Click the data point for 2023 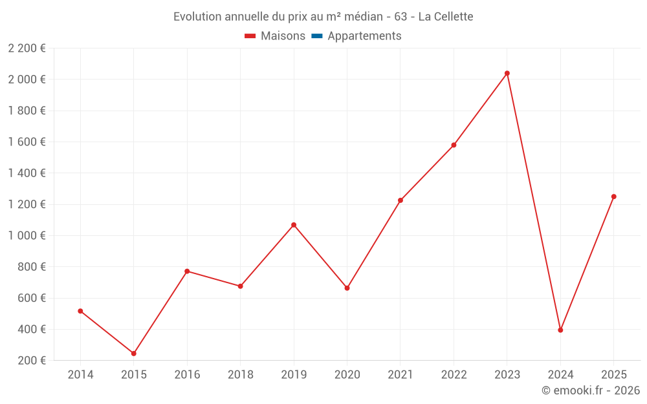click(507, 73)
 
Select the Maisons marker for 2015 click(134, 354)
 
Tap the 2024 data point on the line click(560, 330)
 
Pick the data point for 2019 click(294, 225)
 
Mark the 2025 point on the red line click(614, 197)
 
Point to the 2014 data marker click(80, 311)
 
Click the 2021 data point click(400, 200)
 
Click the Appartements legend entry click(364, 36)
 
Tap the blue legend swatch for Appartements click(317, 36)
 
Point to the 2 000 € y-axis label click(27, 80)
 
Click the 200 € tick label click(32, 361)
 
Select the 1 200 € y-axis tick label click(27, 204)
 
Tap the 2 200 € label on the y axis click(27, 48)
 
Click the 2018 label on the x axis click(241, 375)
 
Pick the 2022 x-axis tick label click(454, 375)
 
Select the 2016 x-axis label click(187, 375)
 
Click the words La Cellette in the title click(446, 17)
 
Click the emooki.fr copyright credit click(591, 390)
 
